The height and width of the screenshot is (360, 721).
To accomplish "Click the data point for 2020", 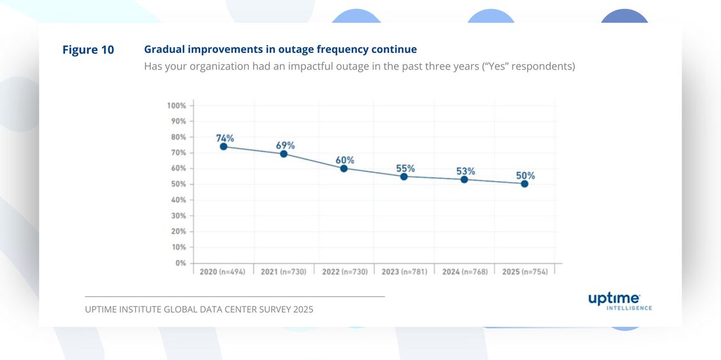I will (224, 147).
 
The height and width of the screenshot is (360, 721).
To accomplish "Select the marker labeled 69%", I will (284, 154).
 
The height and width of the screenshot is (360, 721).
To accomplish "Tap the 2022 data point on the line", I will (344, 168).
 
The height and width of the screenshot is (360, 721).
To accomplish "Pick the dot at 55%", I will (404, 176).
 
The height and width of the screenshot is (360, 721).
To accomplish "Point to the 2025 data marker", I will (524, 184).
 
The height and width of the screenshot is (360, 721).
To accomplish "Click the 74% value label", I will (224, 138).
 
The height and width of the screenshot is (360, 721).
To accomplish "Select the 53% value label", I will (465, 171).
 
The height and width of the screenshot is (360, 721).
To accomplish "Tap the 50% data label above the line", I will (525, 175).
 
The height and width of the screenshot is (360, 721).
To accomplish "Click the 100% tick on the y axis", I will (177, 105).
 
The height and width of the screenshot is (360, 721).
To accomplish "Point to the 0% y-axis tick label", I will (180, 263).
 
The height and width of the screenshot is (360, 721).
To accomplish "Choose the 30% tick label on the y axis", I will (178, 215).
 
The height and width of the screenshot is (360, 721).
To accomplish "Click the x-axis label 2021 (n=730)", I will (284, 271).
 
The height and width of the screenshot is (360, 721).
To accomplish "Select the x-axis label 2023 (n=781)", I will (404, 271).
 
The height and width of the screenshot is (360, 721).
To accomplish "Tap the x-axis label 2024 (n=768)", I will (464, 271).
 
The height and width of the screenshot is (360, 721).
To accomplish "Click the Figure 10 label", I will (88, 50).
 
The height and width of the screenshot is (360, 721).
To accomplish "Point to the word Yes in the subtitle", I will (497, 66).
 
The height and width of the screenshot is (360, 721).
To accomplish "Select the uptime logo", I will (614, 298).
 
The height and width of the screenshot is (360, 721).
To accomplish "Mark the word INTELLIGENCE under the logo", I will (629, 308).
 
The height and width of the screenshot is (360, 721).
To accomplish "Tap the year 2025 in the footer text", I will (303, 310).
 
